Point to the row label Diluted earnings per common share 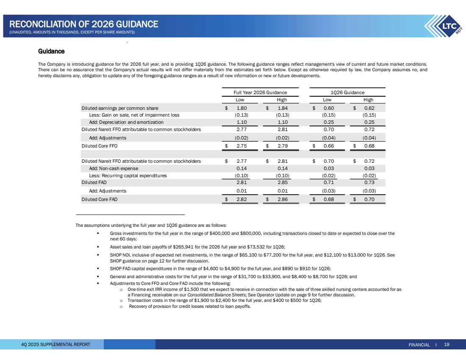[120, 108]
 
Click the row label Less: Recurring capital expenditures [128, 176]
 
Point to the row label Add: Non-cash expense [112, 168]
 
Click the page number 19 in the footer [447, 344]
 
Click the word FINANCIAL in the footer [419, 345]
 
